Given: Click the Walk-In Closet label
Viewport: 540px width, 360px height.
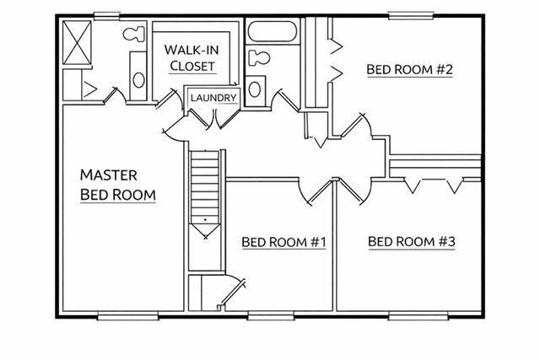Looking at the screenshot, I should point(193,56).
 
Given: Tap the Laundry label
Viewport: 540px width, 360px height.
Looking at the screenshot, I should point(213,98).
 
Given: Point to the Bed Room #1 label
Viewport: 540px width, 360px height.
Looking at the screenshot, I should point(283,243).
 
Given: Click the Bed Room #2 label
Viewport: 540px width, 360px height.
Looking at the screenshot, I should point(410,69).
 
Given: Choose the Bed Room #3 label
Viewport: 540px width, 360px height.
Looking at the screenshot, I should point(412,243).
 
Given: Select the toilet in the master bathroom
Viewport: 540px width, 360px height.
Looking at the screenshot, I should point(133,34).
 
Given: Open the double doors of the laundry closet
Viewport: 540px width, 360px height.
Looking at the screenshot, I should point(212,118).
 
